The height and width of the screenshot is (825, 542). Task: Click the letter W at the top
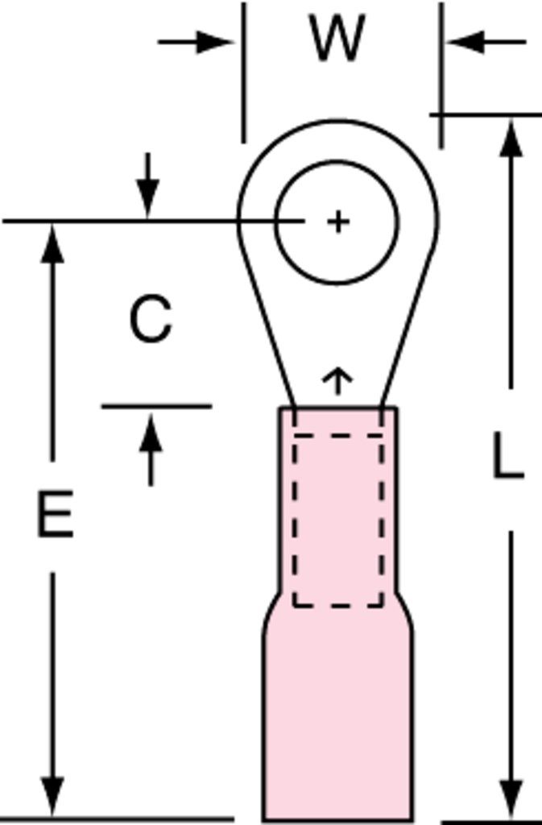337,38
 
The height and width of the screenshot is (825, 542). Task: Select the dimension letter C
151,319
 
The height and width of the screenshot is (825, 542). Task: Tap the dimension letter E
56,514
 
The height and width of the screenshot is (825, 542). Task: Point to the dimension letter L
508,455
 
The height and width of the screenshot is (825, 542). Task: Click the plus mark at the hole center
338,222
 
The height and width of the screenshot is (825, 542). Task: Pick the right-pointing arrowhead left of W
214,42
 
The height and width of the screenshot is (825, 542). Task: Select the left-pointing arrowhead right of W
465,42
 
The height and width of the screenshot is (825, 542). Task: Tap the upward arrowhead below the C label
151,433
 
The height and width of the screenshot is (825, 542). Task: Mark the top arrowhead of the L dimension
511,138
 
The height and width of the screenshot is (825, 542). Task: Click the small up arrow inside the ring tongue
337,381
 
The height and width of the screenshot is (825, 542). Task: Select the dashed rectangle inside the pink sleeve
293,521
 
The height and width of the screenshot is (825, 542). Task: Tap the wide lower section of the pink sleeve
337,721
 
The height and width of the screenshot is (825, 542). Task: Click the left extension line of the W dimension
243,72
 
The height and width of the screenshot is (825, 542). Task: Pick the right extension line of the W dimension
441,75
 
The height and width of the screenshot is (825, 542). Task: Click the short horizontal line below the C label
157,406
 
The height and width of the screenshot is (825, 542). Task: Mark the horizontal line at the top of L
486,114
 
